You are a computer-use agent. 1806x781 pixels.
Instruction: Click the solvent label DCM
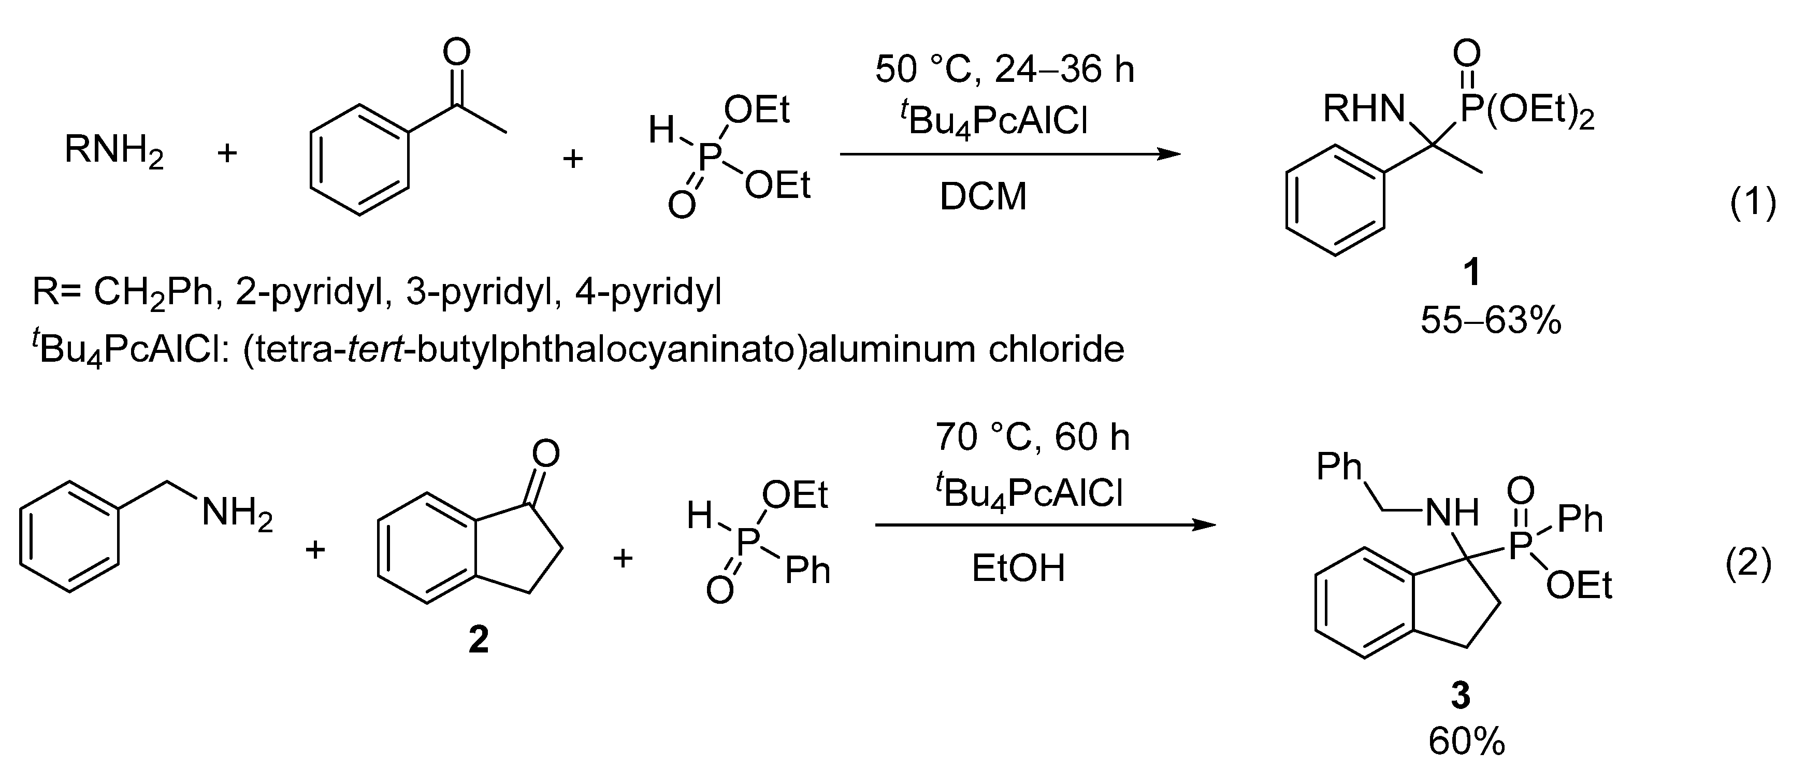[x=983, y=197]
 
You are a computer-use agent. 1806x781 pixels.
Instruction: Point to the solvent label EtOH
[x=1018, y=569]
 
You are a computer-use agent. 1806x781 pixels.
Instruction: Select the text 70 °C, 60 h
[x=1033, y=437]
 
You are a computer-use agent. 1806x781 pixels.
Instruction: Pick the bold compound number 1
[x=1472, y=272]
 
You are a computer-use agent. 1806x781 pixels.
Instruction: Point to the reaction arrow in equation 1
[x=1009, y=154]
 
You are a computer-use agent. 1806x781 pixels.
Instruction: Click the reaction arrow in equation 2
[x=1045, y=524]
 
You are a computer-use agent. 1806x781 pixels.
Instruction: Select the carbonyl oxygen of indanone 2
[x=546, y=454]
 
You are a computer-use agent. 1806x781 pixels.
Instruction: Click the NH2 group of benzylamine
[x=237, y=514]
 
